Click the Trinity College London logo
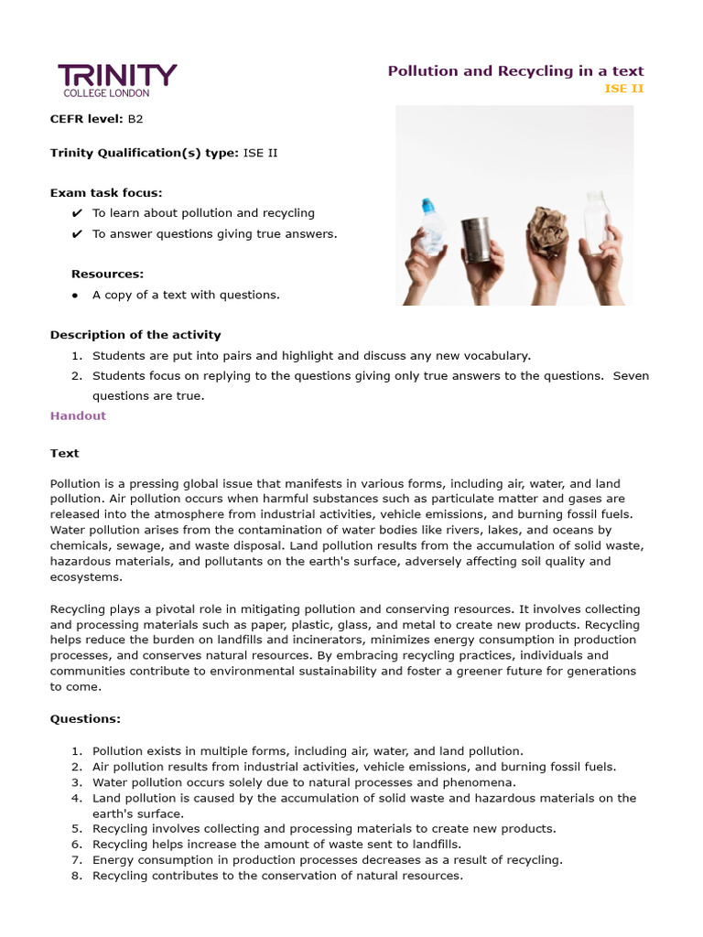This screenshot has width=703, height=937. click(117, 80)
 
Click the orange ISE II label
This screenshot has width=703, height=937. click(624, 89)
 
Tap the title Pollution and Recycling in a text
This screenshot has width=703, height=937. click(515, 70)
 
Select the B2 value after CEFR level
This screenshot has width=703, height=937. click(135, 119)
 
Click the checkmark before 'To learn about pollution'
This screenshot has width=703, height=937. click(77, 213)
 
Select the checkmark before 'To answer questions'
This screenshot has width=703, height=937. click(77, 234)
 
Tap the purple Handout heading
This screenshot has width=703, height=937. click(78, 415)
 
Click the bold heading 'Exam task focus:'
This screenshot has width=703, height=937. click(106, 192)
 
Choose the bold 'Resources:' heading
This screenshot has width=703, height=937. click(107, 274)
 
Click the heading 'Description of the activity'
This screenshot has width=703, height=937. click(135, 335)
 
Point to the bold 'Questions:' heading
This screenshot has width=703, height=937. click(85, 719)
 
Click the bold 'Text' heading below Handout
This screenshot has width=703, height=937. click(64, 453)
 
